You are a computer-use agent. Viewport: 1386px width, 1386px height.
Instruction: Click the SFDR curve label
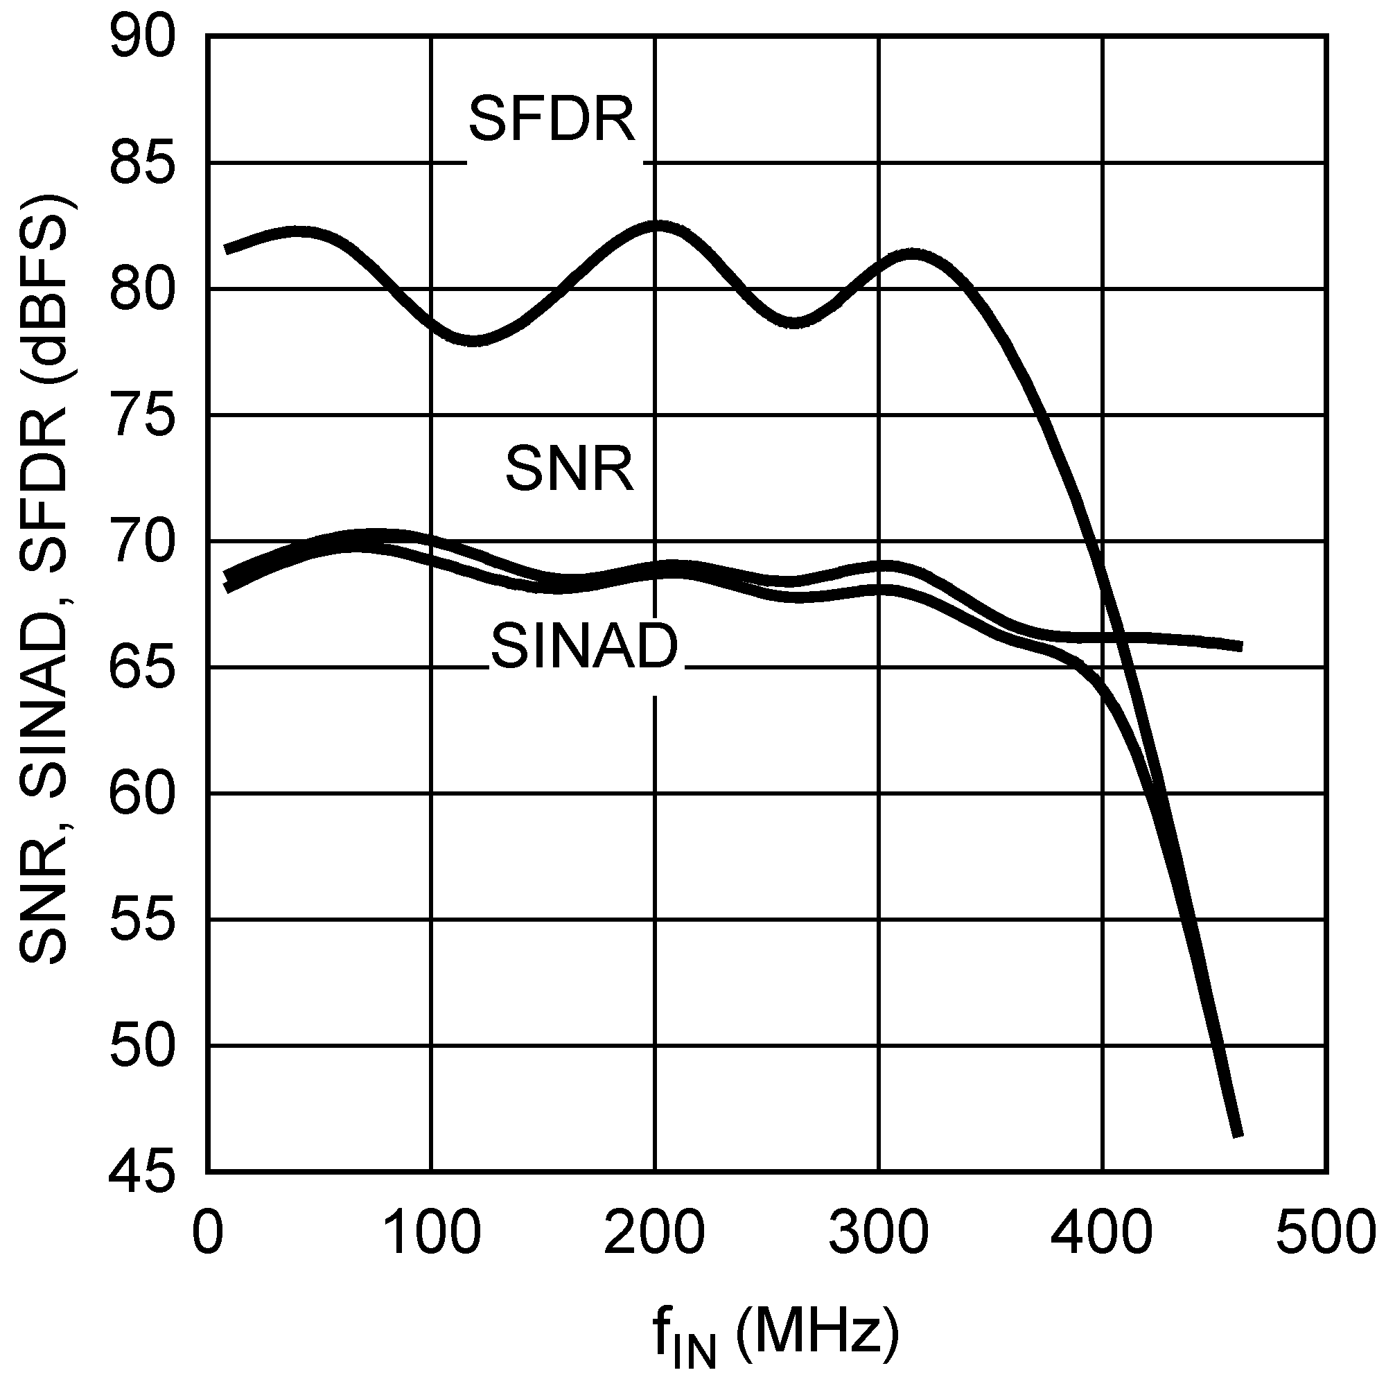pos(552,119)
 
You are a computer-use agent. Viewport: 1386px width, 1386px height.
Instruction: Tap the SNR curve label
pos(570,469)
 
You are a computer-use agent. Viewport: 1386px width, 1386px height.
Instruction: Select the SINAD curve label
pos(584,647)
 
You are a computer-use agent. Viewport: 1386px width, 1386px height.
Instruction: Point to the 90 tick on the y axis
pos(143,37)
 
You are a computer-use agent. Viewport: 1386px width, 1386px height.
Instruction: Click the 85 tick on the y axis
pos(143,164)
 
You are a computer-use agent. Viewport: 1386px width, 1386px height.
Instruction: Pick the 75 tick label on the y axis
pos(143,415)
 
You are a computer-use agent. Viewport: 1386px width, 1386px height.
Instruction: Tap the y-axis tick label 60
pos(143,793)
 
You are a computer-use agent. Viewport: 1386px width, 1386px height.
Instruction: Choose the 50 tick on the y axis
pos(143,1046)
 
